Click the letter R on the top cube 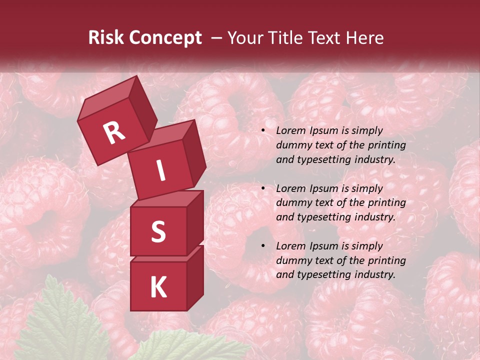(x=114, y=132)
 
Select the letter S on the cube (x=158, y=231)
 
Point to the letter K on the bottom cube (x=158, y=287)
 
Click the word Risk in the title (x=106, y=38)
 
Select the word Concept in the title (x=165, y=38)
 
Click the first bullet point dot (x=263, y=131)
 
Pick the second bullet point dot (x=263, y=189)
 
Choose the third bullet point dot (x=263, y=246)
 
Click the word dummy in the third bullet (x=292, y=260)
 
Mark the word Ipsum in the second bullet (x=325, y=188)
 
